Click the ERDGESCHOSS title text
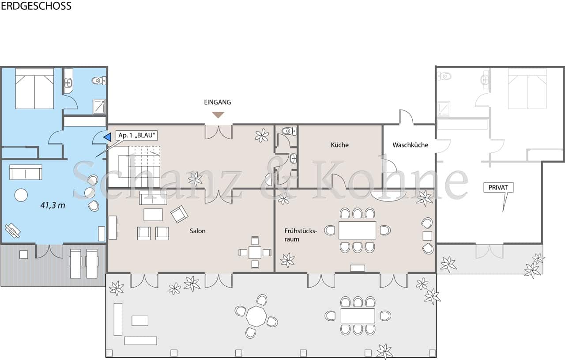click(36, 6)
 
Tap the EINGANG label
click(218, 102)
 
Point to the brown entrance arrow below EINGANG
click(218, 115)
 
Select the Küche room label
click(339, 144)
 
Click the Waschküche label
click(410, 144)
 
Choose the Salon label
click(198, 231)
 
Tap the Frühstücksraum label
click(301, 235)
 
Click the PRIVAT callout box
click(498, 188)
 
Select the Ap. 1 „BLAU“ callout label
click(137, 135)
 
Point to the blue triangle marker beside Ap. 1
click(107, 137)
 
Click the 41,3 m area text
click(53, 205)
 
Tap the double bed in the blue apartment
click(34, 88)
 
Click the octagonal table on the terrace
click(256, 316)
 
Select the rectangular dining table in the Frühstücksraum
click(357, 230)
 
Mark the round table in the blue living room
click(21, 195)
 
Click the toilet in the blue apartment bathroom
click(98, 80)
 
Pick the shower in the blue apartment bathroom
click(99, 107)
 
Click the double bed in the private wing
click(527, 88)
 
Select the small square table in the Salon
click(255, 252)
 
